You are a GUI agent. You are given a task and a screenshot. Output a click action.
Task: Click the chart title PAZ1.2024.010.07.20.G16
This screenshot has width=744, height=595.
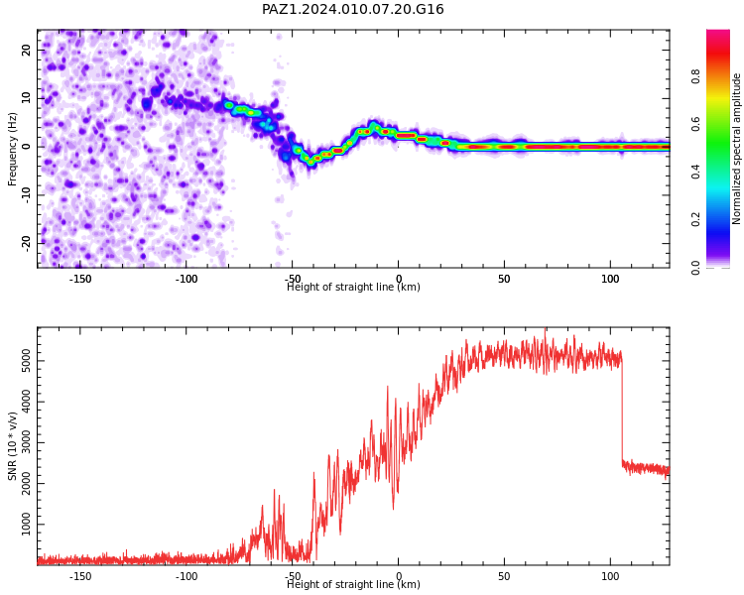[352, 9]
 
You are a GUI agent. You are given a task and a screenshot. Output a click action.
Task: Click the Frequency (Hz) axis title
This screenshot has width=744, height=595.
[12, 149]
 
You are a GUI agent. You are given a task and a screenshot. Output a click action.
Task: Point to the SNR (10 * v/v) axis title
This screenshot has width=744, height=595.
[12, 446]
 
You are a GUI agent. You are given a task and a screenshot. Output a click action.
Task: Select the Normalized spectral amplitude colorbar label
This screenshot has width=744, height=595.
[736, 149]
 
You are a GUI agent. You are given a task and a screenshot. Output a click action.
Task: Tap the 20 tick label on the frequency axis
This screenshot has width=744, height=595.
[26, 50]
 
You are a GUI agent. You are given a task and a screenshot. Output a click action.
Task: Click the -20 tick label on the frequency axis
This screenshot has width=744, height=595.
[26, 243]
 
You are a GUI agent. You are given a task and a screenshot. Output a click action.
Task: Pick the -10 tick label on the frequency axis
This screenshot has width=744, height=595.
[26, 195]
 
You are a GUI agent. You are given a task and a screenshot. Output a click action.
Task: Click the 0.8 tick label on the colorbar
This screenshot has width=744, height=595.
[695, 76]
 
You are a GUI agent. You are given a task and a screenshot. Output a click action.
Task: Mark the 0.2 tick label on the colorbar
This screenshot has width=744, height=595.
[695, 219]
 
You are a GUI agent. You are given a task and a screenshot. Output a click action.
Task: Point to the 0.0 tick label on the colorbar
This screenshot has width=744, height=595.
[695, 268]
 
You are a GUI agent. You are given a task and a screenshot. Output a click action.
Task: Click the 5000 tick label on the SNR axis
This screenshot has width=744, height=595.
[26, 361]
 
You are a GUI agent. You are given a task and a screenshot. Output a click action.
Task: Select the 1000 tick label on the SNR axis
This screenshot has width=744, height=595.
[26, 525]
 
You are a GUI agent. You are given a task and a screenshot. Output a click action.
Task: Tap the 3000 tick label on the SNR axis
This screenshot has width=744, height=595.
[26, 442]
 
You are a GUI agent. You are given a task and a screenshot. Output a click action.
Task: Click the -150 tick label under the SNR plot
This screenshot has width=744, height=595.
[80, 576]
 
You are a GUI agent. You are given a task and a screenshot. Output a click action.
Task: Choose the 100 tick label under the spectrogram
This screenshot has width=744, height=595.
[610, 279]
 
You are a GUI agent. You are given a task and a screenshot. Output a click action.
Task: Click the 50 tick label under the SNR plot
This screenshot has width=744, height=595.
[504, 576]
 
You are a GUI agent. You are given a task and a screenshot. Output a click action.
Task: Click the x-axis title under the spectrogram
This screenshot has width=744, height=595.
[353, 287]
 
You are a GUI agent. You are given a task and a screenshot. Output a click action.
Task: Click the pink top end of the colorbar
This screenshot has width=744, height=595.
[718, 33]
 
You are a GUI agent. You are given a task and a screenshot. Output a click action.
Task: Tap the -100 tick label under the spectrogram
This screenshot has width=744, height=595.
[186, 279]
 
